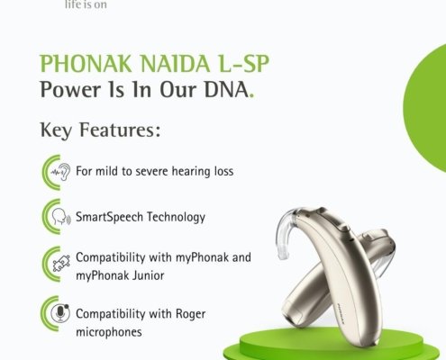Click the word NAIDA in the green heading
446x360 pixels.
175,63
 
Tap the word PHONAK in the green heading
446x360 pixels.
86,63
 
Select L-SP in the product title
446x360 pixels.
244,63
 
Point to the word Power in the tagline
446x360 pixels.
70,89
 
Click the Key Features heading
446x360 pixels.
100,130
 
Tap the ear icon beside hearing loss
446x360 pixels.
60,172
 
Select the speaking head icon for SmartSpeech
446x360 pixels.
61,217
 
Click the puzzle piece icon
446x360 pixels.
61,264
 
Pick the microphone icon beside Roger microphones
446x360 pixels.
60,313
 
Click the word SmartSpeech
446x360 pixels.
109,217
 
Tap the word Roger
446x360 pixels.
190,314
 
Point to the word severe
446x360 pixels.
151,172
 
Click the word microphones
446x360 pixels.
109,332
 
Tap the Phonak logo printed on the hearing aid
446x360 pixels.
341,314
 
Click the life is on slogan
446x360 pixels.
86,4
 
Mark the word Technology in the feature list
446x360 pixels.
176,217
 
